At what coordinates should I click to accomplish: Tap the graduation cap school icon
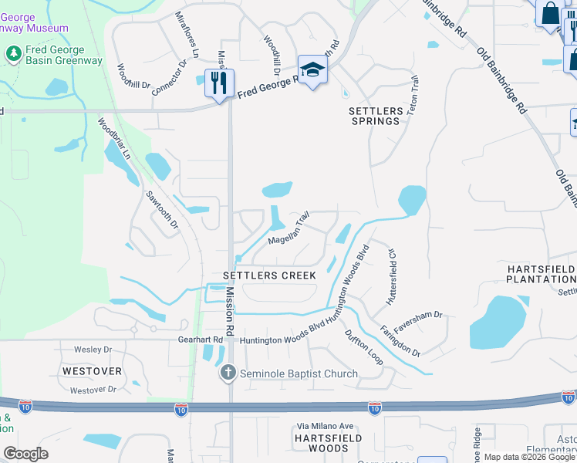click(x=312, y=70)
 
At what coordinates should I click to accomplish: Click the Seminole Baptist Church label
click(x=299, y=374)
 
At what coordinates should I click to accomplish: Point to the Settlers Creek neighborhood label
click(x=269, y=275)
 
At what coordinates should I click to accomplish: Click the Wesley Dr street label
click(x=93, y=350)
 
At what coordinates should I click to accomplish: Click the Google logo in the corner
click(x=25, y=454)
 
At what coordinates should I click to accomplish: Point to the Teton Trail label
click(x=414, y=96)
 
